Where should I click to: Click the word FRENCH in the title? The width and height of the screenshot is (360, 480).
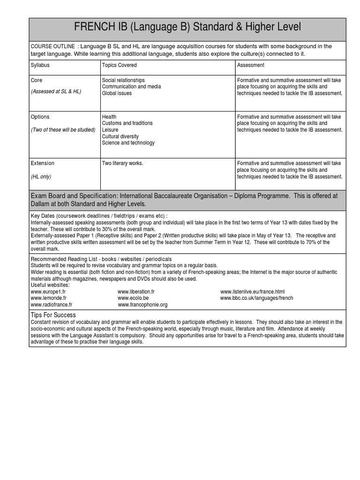[94, 28]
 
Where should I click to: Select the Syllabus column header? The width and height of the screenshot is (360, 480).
[40, 65]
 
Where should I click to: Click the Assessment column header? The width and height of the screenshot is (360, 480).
[251, 65]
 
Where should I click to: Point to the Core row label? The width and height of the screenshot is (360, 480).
[37, 81]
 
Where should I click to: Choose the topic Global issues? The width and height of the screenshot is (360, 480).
[117, 93]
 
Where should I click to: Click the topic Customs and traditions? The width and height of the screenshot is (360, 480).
[127, 123]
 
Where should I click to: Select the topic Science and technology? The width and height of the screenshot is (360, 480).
[128, 143]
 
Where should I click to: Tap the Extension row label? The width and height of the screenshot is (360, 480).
[42, 163]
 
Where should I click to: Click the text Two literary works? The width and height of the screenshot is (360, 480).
[122, 163]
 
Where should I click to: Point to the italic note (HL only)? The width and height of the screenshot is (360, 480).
[41, 177]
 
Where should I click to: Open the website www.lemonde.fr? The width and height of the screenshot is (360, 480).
[48, 298]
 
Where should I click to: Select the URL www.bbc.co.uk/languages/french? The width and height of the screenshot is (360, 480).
[256, 298]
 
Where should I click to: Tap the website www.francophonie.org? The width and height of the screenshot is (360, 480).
[142, 305]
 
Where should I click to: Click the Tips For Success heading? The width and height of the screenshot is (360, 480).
[53, 315]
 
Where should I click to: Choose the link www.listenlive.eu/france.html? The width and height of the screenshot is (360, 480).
[252, 292]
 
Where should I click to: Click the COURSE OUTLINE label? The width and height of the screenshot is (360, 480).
[52, 46]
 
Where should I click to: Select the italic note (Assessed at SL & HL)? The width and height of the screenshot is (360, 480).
[56, 91]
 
